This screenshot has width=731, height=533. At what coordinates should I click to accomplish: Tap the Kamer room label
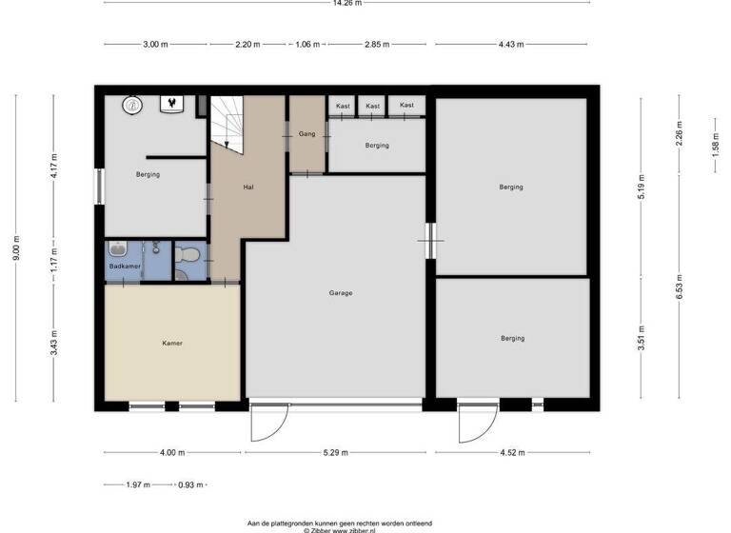tap(171, 344)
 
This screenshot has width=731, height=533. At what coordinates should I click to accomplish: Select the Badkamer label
tap(125, 266)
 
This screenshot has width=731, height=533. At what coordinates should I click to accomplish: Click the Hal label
tap(248, 187)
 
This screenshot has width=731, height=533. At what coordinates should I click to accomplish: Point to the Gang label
tap(306, 134)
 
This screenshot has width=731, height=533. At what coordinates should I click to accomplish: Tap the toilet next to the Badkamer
tap(188, 254)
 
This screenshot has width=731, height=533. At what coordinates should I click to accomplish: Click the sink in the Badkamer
tap(117, 250)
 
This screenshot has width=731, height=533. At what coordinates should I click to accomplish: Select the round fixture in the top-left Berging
tap(134, 105)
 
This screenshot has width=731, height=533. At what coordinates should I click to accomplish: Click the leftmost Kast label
tap(342, 106)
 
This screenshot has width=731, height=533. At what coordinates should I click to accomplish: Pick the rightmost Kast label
tap(406, 105)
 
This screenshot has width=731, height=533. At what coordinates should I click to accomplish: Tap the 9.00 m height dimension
tap(16, 250)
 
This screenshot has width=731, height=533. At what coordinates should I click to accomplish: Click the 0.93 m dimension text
tap(190, 485)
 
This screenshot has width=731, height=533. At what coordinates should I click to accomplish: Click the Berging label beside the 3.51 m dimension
tap(512, 338)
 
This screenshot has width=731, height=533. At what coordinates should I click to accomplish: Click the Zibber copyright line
tap(339, 530)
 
